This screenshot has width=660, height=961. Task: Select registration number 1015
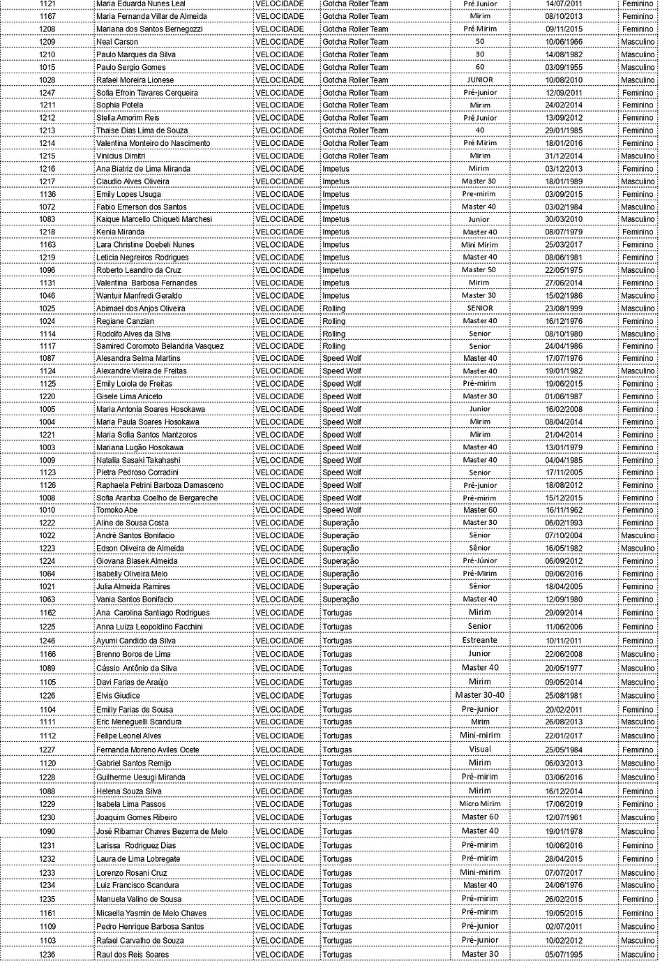pyautogui.click(x=47, y=68)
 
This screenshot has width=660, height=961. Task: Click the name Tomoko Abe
pyautogui.click(x=117, y=511)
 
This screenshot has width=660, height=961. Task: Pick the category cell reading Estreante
pyautogui.click(x=479, y=640)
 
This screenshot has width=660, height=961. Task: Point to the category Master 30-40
pyautogui.click(x=479, y=695)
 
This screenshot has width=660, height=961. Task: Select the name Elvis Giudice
pyautogui.click(x=118, y=696)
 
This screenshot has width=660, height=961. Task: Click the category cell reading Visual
pyautogui.click(x=479, y=750)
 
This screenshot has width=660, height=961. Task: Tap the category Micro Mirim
pyautogui.click(x=479, y=804)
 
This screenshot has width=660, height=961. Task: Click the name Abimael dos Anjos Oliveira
pyautogui.click(x=140, y=308)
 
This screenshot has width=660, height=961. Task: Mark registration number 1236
pyautogui.click(x=47, y=955)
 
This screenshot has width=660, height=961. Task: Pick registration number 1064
pyautogui.click(x=47, y=574)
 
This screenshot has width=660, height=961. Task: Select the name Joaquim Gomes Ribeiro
pyautogui.click(x=136, y=817)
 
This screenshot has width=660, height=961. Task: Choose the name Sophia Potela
pyautogui.click(x=119, y=105)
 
